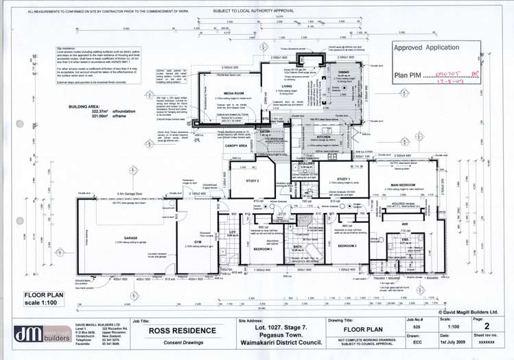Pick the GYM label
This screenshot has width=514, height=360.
(198, 242)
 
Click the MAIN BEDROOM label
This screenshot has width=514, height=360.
(405, 184)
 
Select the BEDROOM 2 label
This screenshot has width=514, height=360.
(345, 244)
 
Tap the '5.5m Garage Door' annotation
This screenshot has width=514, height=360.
(129, 193)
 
